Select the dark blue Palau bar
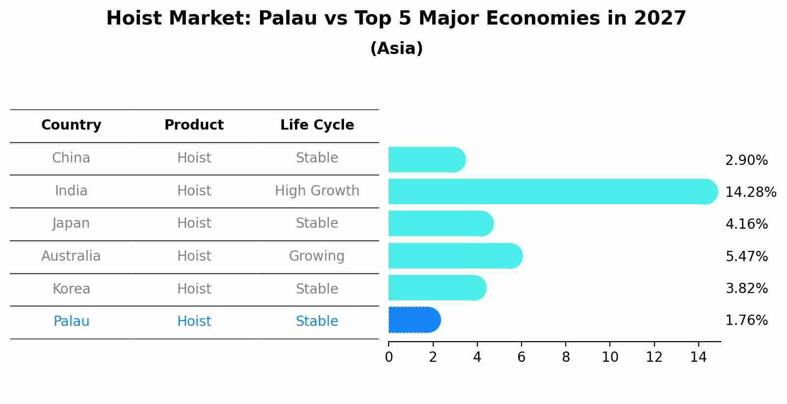414,320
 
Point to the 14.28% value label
750,192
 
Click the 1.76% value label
746,321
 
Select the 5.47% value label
746,256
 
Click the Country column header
71,125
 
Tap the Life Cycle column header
317,125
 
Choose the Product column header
194,125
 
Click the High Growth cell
317,190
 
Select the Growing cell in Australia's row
317,256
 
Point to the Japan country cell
71,223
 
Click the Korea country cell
71,289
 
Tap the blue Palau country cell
71,322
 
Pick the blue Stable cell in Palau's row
317,322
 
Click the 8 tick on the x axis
566,357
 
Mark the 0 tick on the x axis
389,357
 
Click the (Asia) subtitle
396,49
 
